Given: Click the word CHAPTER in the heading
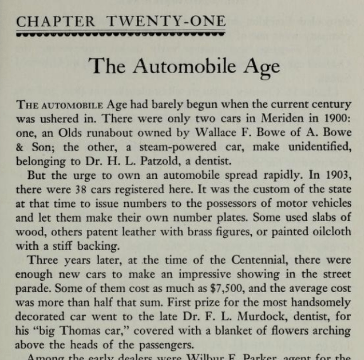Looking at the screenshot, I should [55, 22].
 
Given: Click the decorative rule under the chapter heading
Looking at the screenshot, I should [121, 35].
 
